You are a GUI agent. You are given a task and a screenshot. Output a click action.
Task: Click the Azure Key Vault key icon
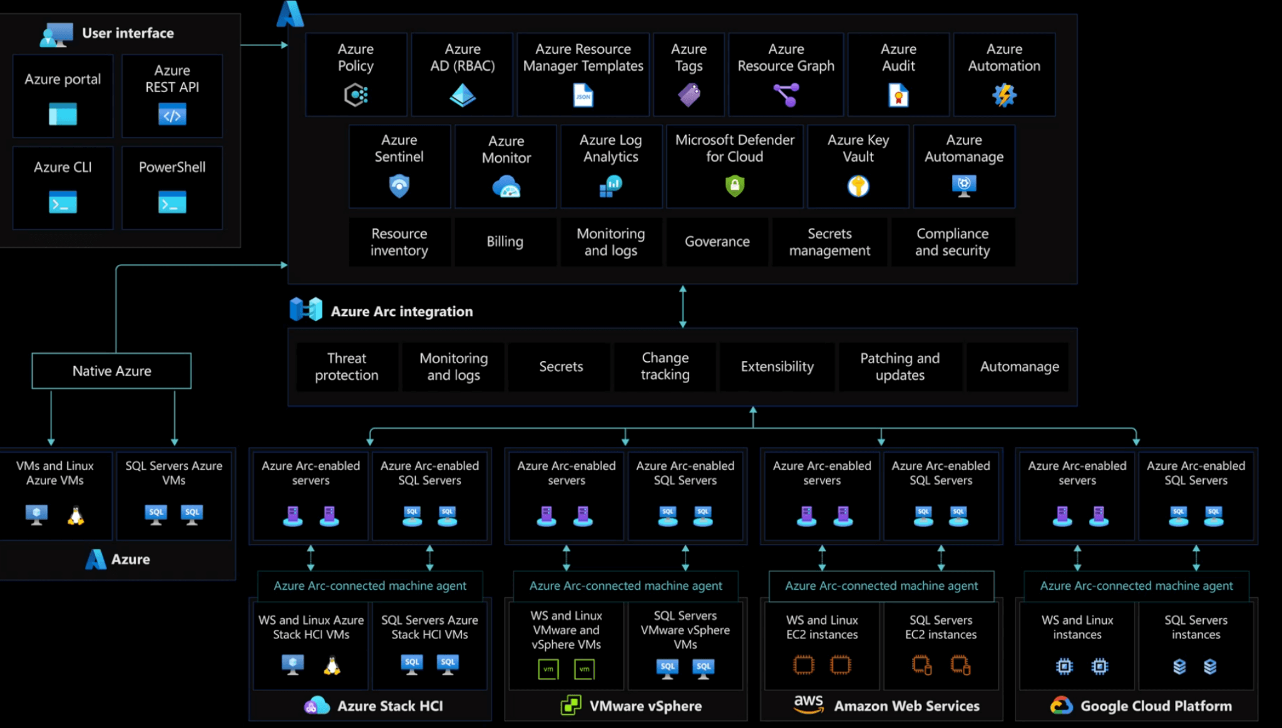[x=858, y=186]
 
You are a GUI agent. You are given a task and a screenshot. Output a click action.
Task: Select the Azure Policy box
[x=356, y=74]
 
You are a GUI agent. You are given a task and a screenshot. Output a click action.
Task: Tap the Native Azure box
[x=111, y=371]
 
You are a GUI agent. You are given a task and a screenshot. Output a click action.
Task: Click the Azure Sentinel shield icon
[x=399, y=186]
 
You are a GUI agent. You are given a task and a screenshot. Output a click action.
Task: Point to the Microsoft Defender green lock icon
[x=734, y=185]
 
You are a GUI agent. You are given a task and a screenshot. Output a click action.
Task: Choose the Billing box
[x=505, y=242]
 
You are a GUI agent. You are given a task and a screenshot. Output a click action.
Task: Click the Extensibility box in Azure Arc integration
[x=777, y=367]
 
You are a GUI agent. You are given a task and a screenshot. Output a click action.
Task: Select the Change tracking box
[x=665, y=367]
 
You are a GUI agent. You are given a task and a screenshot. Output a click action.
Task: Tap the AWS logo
[x=809, y=704]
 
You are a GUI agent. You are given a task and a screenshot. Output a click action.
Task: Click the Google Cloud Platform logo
[x=1062, y=705]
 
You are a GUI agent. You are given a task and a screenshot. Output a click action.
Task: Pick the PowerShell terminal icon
[x=172, y=203]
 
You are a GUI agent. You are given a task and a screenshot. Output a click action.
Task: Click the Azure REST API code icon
[x=172, y=115]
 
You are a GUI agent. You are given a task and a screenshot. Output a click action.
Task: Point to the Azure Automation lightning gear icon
[x=1004, y=95]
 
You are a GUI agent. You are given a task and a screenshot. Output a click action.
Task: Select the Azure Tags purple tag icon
[x=689, y=95]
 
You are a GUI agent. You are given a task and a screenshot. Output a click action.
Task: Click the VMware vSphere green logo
[x=571, y=705]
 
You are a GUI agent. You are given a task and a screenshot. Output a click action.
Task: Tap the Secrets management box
[x=829, y=242]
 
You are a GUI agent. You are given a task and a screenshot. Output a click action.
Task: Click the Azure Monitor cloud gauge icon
[x=506, y=187]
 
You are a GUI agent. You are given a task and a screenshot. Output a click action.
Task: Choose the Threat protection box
[x=347, y=367]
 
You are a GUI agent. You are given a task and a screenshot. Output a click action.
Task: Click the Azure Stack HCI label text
[x=390, y=706]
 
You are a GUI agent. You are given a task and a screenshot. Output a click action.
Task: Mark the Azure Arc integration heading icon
[x=306, y=310]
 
